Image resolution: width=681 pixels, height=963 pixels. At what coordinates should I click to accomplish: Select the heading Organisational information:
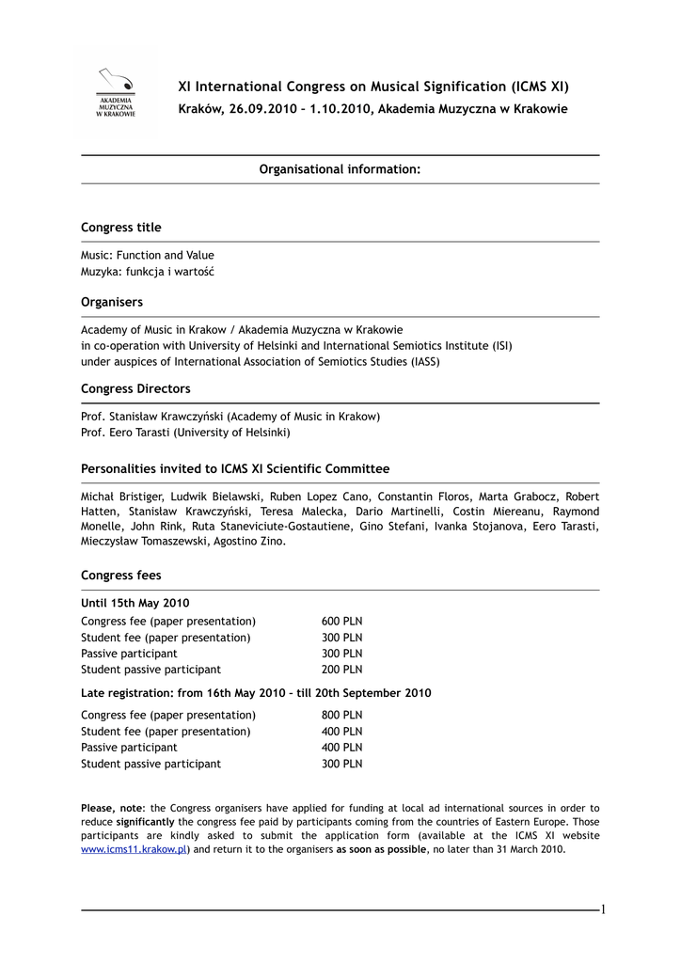[340, 169]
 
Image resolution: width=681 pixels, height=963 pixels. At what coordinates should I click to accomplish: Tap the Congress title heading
[121, 228]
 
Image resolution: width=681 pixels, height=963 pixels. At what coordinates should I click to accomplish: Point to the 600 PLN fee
[341, 622]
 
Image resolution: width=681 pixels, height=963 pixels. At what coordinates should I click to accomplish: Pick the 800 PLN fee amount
[341, 716]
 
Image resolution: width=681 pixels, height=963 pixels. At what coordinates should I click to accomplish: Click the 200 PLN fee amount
[341, 670]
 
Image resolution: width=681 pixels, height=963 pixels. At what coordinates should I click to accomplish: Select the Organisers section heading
[112, 302]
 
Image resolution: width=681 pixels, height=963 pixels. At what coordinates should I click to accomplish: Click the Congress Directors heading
[135, 388]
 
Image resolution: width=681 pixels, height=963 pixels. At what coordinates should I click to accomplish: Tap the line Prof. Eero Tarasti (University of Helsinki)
[185, 433]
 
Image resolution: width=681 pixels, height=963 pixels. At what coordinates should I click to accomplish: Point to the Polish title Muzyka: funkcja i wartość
[148, 272]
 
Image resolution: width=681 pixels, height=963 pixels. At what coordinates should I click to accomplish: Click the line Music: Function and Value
[148, 255]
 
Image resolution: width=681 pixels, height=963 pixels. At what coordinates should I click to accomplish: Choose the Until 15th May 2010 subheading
[135, 603]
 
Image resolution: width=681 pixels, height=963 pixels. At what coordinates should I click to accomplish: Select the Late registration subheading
[256, 693]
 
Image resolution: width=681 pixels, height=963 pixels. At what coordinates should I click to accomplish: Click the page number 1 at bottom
[603, 909]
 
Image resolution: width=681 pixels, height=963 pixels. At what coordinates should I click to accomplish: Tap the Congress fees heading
[121, 575]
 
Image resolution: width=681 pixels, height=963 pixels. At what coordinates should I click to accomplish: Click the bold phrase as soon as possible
[382, 849]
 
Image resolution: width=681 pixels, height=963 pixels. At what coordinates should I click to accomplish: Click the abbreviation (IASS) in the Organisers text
[424, 361]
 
